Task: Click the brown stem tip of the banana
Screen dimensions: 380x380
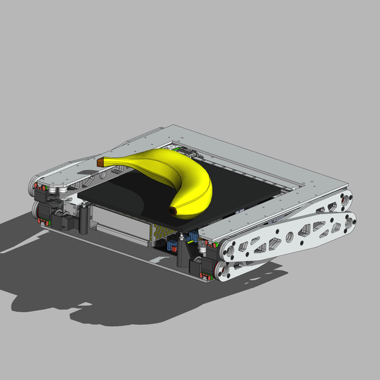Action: point(100,163)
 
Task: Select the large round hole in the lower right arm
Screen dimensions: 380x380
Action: point(289,238)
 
